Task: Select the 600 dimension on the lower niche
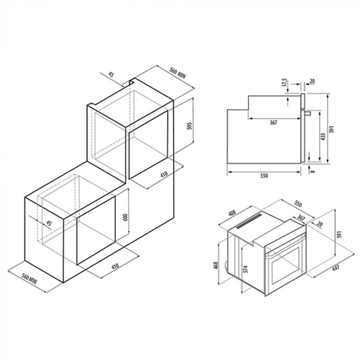126,217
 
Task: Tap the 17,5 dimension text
285,82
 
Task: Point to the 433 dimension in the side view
323,137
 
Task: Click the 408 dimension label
232,214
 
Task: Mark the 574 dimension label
246,269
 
